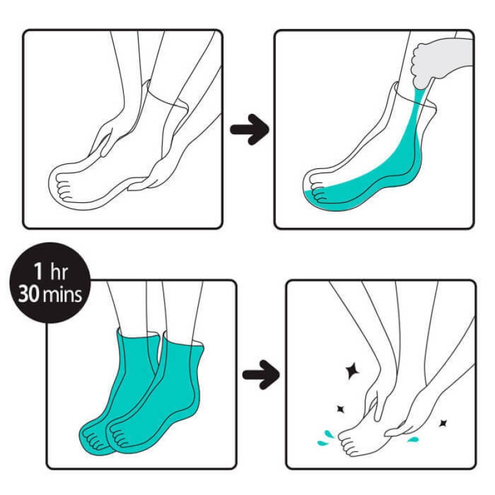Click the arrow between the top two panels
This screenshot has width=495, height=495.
tap(250, 130)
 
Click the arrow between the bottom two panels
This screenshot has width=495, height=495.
tap(261, 375)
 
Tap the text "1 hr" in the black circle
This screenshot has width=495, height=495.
tap(51, 271)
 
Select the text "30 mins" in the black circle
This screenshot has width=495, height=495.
tap(50, 295)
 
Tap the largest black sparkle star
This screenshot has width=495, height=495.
tap(352, 371)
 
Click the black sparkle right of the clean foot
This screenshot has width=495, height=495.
tap(443, 423)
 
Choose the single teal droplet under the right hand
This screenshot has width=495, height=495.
tap(413, 439)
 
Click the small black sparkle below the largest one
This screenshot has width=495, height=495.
tap(340, 409)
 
